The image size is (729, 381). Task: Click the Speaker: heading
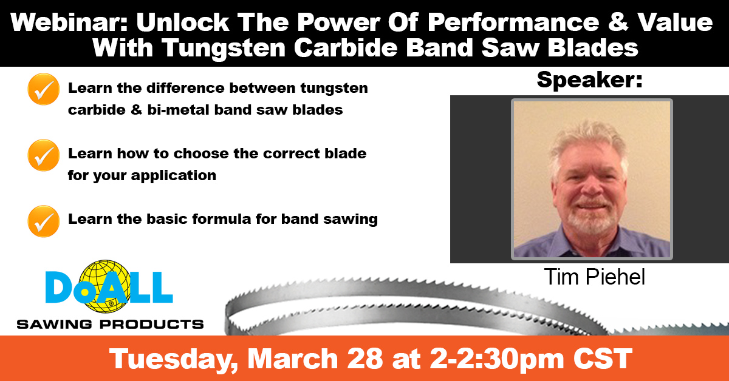pos(589,79)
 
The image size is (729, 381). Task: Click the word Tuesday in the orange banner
pos(169,359)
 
